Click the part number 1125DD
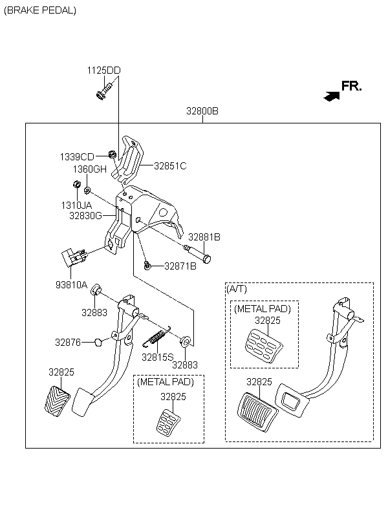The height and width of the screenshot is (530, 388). pos(103,70)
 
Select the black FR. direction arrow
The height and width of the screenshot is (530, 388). pos(332,96)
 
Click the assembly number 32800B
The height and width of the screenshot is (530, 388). pos(202,111)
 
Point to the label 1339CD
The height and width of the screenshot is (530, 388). pos(77,157)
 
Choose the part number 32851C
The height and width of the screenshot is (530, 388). pos(170,166)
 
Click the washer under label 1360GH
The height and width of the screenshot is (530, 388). pos(87,191)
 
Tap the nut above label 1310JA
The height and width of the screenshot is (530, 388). pos(77,185)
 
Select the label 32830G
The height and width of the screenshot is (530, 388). pos(85,216)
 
